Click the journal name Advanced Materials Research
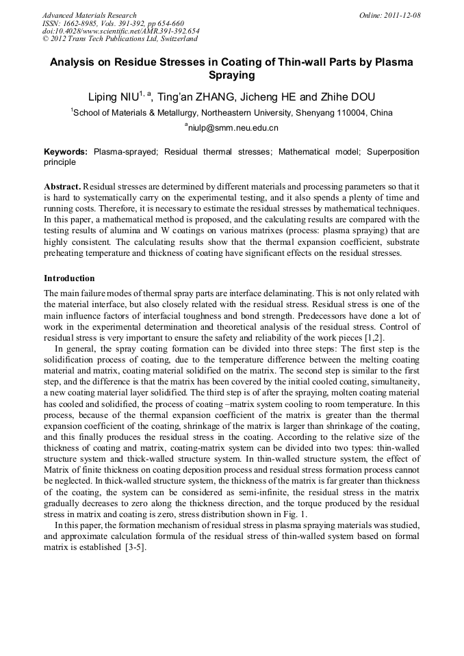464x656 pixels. coord(90,15)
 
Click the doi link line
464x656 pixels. coord(121,31)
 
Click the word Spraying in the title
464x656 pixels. coord(231,77)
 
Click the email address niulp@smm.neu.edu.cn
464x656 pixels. coord(233,128)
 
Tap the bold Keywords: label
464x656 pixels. coord(66,152)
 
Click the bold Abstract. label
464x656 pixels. coord(63,187)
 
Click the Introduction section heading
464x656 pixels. coord(69,279)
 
